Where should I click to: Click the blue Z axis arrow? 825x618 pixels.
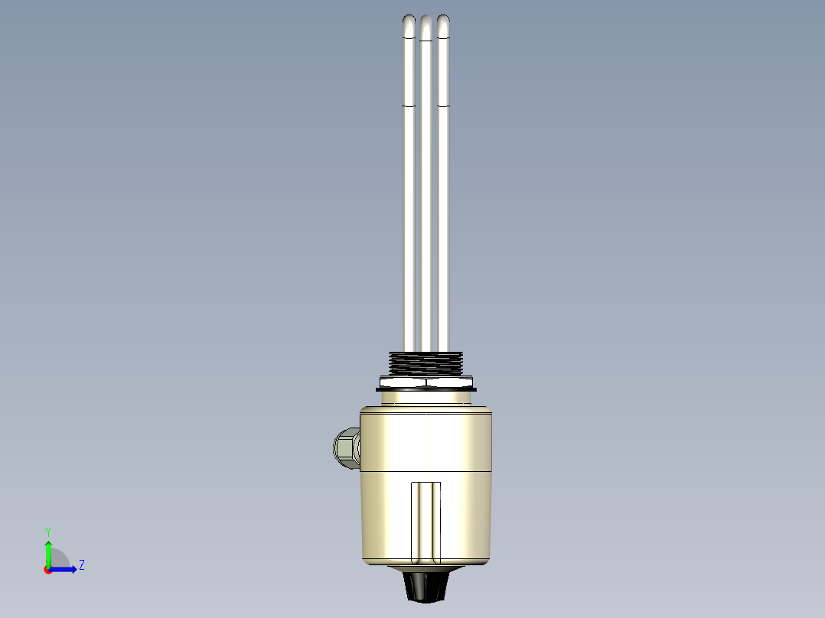coord(67,569)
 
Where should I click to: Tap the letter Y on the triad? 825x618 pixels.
coord(47,531)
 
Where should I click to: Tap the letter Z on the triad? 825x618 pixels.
coord(81,565)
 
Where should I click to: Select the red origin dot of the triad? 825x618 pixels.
coord(47,570)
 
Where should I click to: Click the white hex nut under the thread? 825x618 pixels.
coord(426,380)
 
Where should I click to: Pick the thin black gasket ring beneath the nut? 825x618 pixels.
coord(426,389)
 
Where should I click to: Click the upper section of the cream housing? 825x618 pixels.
coord(426,440)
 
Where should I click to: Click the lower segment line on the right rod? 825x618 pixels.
coord(443,104)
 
